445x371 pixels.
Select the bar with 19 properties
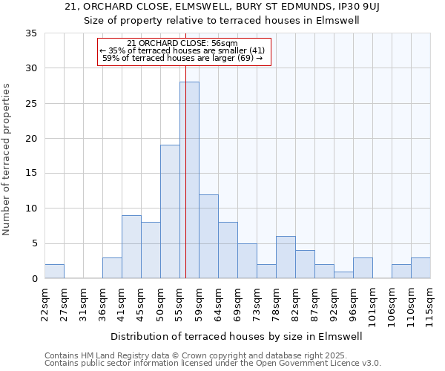(x=170, y=211)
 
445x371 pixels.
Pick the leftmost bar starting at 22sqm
(x=54, y=272)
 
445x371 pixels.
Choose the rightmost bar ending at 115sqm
(x=421, y=268)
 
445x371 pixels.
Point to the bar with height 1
(x=343, y=275)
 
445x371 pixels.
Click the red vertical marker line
(x=185, y=148)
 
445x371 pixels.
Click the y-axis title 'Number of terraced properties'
(x=7, y=160)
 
